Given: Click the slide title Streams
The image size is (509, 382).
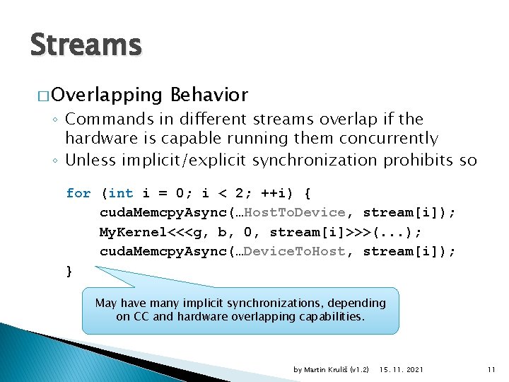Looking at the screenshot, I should click(x=86, y=45).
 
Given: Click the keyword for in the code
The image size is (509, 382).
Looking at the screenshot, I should click(x=78, y=193).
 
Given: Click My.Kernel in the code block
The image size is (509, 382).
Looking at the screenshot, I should click(x=129, y=232).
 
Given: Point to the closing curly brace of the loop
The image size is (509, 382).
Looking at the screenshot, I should click(x=69, y=271).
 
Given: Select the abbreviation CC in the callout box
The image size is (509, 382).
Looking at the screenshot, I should click(x=141, y=316).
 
